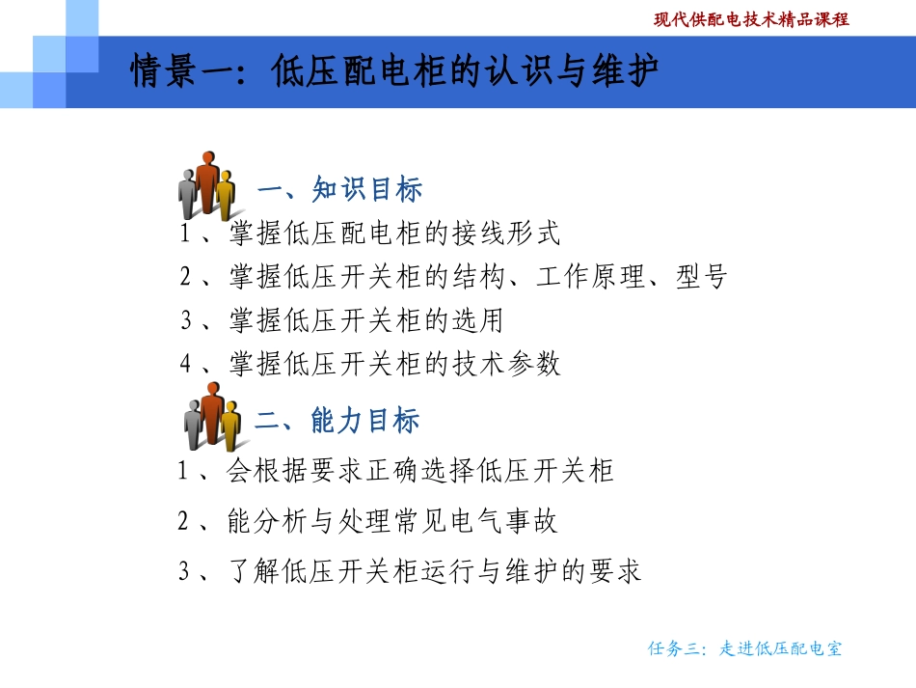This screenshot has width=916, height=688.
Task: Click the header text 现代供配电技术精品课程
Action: coord(751,18)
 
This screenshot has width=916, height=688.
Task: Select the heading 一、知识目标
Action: coord(340,189)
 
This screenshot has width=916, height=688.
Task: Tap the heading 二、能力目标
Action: coord(337,421)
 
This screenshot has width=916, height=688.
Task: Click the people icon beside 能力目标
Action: coord(210,416)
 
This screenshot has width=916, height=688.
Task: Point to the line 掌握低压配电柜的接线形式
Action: coord(394,234)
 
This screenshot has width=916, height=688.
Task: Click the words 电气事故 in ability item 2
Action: coord(504,522)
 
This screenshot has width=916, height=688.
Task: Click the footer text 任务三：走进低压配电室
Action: coord(744,648)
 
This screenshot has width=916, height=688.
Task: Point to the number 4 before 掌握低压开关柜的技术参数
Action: coord(186,364)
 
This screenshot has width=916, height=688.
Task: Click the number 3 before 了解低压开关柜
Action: coord(184,572)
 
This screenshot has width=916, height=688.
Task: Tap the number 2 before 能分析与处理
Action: coord(184,522)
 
